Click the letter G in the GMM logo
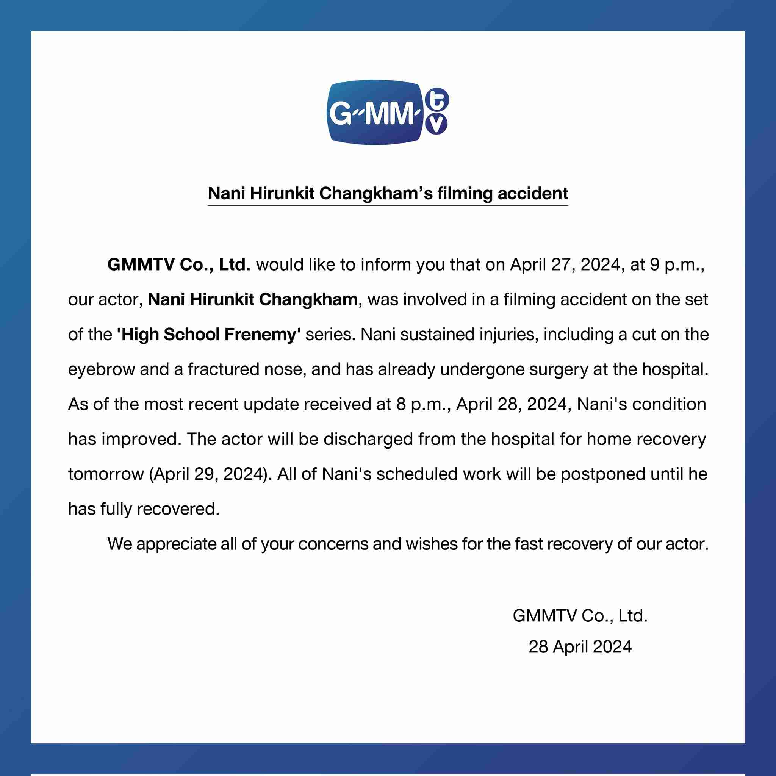[341, 114]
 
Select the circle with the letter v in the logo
[436, 124]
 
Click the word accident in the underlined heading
[533, 194]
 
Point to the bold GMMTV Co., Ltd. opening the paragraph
[179, 265]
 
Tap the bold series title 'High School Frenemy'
[209, 335]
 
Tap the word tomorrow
[106, 474]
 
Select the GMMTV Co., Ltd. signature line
[580, 616]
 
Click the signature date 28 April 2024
[580, 647]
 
